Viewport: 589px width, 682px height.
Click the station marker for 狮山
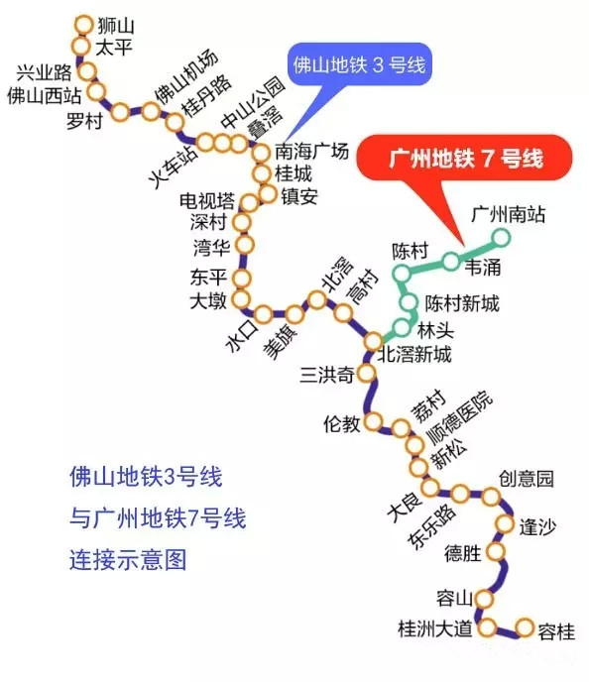click(83, 25)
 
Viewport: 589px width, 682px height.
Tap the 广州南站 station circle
click(501, 238)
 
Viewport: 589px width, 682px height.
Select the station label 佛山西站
click(44, 95)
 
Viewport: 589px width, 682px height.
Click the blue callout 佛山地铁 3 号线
click(359, 64)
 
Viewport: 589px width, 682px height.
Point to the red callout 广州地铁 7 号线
click(465, 158)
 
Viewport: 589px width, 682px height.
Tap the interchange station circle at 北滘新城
click(373, 342)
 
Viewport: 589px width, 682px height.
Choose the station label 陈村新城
click(462, 303)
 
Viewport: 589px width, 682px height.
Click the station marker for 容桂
click(525, 627)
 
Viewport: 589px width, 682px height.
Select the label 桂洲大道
click(435, 628)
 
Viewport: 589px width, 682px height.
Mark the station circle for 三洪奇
click(367, 373)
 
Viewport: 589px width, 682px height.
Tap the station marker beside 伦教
click(373, 421)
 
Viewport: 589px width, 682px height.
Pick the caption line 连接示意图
click(128, 559)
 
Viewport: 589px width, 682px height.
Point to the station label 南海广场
click(312, 152)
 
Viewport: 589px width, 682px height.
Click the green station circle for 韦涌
click(451, 262)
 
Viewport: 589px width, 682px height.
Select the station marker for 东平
click(241, 278)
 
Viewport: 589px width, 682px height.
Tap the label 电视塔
click(207, 200)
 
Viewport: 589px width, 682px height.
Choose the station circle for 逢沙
click(505, 523)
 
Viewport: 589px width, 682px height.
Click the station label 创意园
click(526, 479)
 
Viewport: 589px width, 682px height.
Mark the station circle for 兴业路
click(87, 71)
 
